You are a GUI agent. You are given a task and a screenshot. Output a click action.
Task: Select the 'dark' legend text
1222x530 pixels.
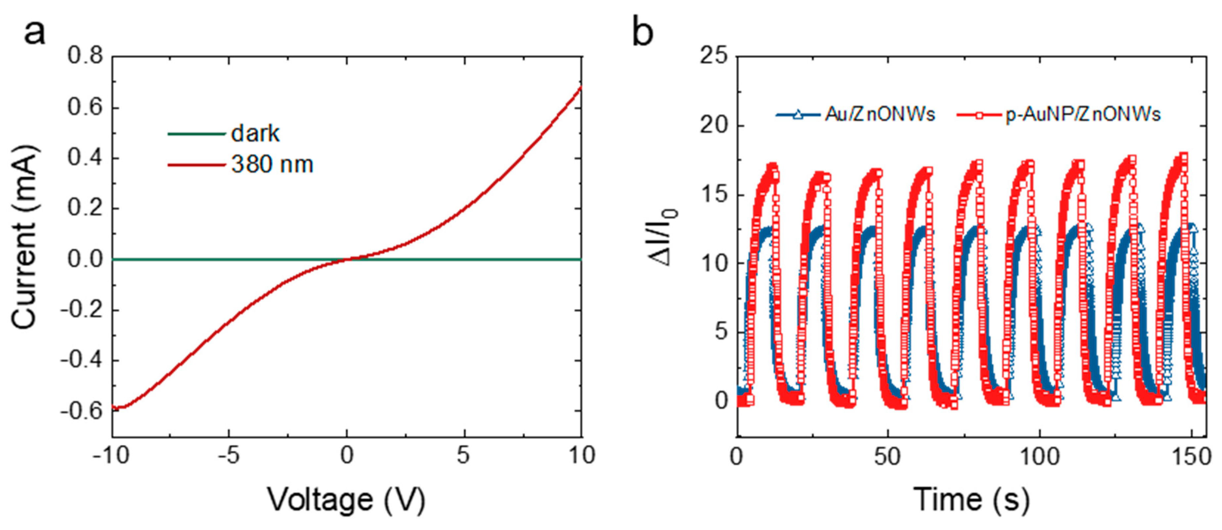[255, 134]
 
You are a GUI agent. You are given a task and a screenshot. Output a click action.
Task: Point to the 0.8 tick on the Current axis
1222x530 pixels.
[85, 56]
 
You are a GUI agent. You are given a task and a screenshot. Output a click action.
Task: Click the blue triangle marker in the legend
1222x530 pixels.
[798, 114]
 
